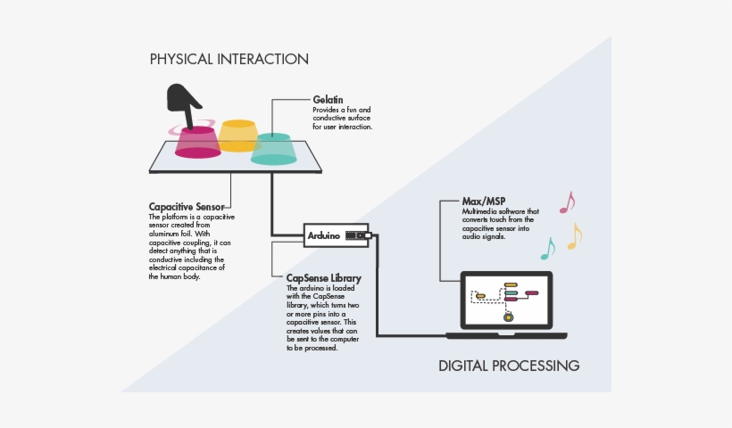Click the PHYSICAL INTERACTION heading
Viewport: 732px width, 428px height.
[x=229, y=60]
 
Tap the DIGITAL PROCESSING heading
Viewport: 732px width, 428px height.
[x=509, y=366]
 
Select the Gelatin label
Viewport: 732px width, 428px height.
[x=328, y=100]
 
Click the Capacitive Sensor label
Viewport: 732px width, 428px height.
[x=187, y=207]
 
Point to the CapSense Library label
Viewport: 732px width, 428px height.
[x=323, y=279]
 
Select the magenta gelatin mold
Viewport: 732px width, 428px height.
[x=197, y=143]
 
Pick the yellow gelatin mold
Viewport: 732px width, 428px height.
[x=238, y=135]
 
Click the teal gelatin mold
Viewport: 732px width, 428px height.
[x=273, y=149]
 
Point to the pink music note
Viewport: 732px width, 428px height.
[x=566, y=202]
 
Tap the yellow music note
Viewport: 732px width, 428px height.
[x=574, y=235]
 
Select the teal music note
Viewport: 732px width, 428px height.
[x=547, y=249]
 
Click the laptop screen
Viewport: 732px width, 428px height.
[x=506, y=300]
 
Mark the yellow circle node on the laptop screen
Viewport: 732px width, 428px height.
[x=508, y=317]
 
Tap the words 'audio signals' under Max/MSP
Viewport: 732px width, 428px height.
[x=484, y=237]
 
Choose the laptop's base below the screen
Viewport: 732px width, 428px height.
[x=506, y=335]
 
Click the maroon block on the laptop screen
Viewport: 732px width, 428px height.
[x=531, y=292]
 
